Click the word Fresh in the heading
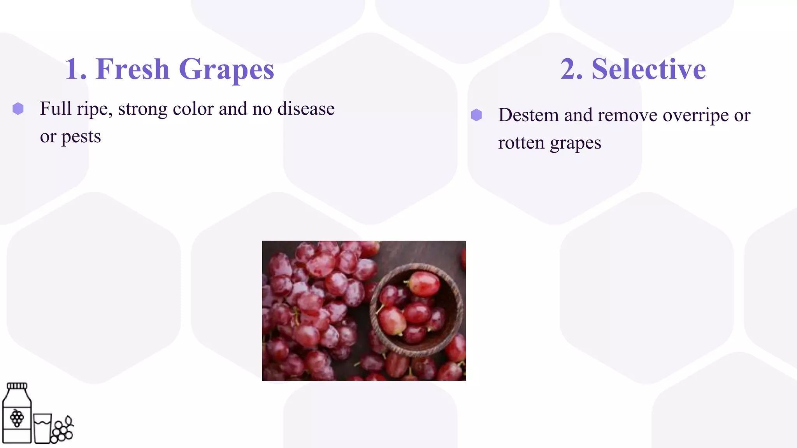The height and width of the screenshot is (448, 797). [132, 69]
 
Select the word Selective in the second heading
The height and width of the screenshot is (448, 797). [648, 69]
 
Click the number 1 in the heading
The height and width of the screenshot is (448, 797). [72, 69]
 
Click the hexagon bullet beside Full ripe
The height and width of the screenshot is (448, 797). [18, 108]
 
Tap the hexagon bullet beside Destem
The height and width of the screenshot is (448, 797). [476, 115]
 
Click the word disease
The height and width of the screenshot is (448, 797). [306, 108]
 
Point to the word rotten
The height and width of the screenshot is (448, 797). [521, 143]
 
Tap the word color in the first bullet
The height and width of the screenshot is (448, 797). [193, 108]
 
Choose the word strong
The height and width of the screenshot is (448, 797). [142, 109]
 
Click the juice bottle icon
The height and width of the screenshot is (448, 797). [17, 414]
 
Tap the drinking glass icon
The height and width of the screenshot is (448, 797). [42, 429]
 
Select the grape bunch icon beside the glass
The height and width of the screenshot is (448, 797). [63, 430]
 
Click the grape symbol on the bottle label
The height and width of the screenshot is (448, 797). [17, 418]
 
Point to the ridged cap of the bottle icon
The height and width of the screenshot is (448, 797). [17, 386]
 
